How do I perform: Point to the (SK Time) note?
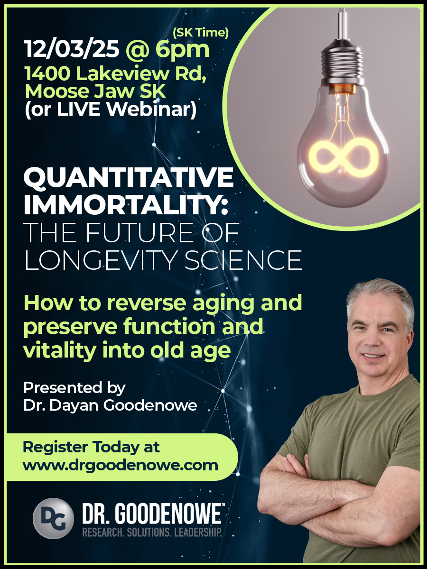201,32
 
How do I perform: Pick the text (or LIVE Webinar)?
110,110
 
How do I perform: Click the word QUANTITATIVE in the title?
128,179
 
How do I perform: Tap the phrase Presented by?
74,388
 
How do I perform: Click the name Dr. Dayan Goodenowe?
110,405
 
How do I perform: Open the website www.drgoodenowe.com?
121,465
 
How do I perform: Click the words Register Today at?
92,447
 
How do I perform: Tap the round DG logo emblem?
53,518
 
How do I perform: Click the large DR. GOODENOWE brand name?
152,514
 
